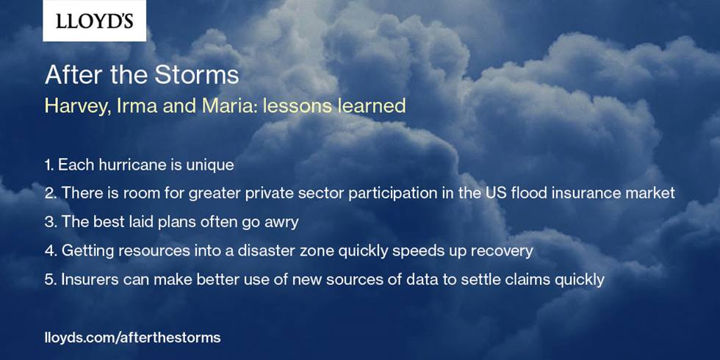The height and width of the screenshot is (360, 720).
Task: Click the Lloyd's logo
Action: pyautogui.click(x=95, y=21)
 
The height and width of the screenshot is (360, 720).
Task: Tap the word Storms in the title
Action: pyautogui.click(x=197, y=75)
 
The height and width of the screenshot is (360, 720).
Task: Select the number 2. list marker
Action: pyautogui.click(x=51, y=193)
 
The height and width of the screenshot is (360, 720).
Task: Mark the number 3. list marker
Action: pyautogui.click(x=51, y=222)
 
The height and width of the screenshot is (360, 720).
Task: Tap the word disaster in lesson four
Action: pyautogui.click(x=267, y=251)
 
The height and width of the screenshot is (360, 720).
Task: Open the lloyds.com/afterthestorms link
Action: pyautogui.click(x=132, y=338)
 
